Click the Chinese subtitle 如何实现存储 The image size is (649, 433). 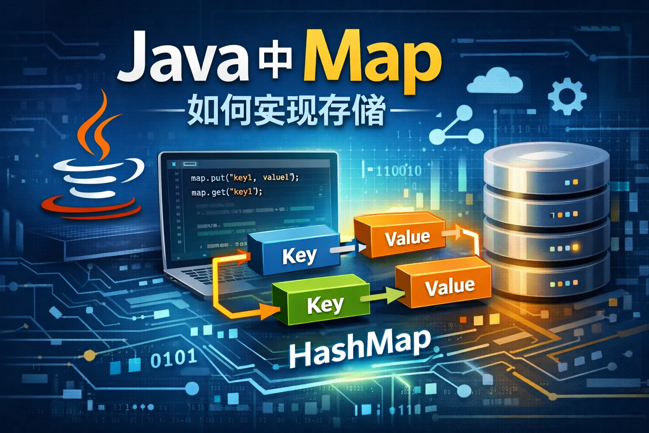pyautogui.click(x=286, y=111)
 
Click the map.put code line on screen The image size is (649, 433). pyautogui.click(x=245, y=178)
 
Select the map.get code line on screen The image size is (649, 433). pyautogui.click(x=226, y=192)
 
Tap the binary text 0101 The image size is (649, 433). pyautogui.click(x=173, y=359)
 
